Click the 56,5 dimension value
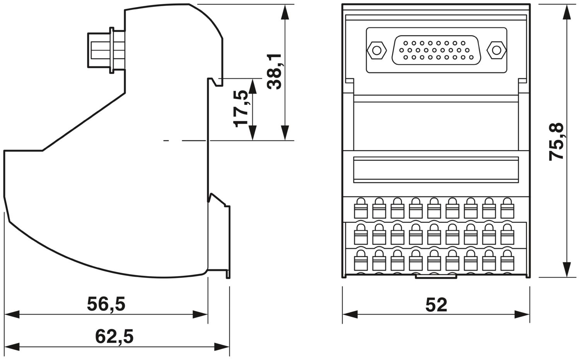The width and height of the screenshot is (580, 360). (106, 304)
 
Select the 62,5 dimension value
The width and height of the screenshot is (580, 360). (114, 336)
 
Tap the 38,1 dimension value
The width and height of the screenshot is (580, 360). (275, 72)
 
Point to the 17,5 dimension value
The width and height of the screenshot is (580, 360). (241, 109)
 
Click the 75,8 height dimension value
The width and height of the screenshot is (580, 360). (556, 142)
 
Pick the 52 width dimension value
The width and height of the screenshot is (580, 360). (436, 305)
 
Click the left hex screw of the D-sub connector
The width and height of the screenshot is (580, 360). (377, 50)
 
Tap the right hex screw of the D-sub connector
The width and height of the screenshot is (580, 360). (496, 50)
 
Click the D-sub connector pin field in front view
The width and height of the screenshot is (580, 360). (437, 50)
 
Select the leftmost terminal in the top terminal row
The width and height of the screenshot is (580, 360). (361, 208)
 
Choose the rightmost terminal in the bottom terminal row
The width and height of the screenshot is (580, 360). (507, 260)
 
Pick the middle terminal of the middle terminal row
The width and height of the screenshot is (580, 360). (434, 234)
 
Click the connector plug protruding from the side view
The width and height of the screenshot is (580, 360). (106, 50)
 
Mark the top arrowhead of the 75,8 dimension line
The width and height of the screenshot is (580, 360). (567, 12)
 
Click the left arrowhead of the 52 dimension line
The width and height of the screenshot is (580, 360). (350, 314)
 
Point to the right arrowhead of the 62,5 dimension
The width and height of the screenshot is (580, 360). (222, 346)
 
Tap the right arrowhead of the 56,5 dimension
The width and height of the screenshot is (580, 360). (200, 314)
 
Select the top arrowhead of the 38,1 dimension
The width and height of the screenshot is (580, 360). (285, 12)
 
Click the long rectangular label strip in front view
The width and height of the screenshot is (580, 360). (436, 170)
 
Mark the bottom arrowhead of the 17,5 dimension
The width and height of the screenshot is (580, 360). (252, 133)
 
